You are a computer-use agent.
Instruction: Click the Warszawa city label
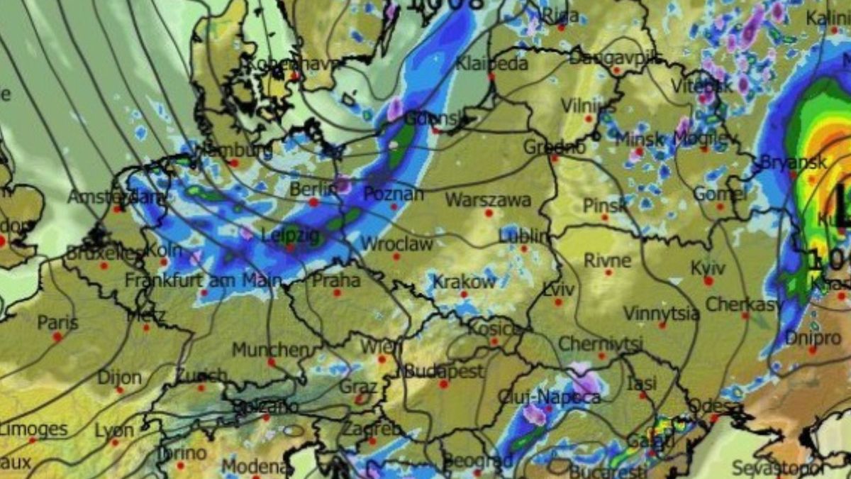[487, 199]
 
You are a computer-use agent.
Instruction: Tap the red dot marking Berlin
[313, 202]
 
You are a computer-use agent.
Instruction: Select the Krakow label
[465, 281]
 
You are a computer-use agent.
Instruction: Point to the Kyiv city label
[708, 268]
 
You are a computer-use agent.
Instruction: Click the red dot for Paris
[57, 336]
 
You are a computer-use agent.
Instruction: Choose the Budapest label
[443, 371]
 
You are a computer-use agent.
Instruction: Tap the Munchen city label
[271, 350]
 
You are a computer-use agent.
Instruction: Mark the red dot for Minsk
[638, 151]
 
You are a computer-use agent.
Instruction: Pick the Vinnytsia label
[661, 313]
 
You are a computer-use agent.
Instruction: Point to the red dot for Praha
[337, 292]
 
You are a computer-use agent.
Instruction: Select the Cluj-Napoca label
[549, 397]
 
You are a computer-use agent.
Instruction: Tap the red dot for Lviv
[558, 302]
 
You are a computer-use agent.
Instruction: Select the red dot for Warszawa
[489, 212]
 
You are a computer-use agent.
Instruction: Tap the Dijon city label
[119, 378]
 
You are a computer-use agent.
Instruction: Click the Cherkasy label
[743, 304]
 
